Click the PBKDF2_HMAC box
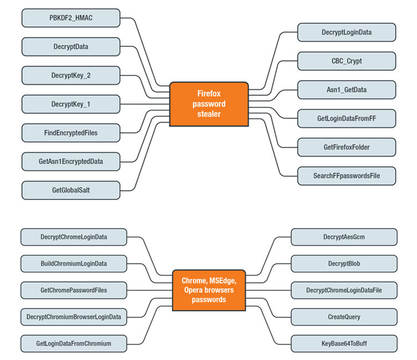click(71, 18)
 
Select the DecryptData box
click(71, 47)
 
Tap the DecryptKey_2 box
click(71, 76)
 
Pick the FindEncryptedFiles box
click(71, 133)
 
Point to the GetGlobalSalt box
click(71, 190)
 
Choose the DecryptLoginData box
click(346, 33)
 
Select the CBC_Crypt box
click(346, 61)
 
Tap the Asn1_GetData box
click(346, 90)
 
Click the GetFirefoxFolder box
click(346, 147)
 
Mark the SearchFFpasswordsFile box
click(346, 176)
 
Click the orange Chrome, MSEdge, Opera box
click(208, 290)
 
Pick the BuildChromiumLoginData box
click(73, 264)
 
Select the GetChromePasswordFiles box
click(73, 290)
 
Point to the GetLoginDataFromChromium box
click(73, 343)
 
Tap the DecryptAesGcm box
click(344, 236)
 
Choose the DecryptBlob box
click(344, 263)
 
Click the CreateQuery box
click(344, 317)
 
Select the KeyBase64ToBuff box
click(344, 343)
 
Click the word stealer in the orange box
click(208, 114)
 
